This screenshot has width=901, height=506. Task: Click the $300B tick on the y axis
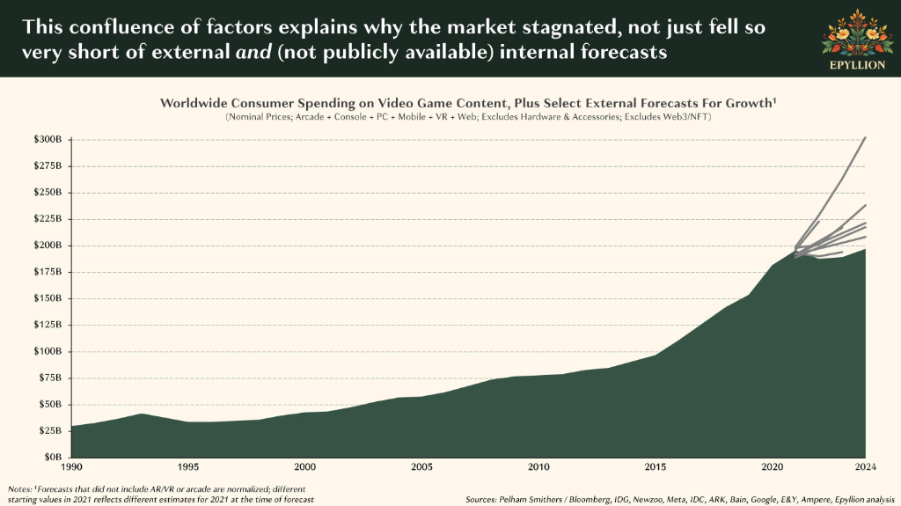48,139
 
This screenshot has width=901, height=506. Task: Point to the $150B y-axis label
48,297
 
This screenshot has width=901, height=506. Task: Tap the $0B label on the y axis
52,457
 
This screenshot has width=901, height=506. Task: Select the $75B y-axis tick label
50,378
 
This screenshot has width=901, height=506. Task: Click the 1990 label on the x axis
70,467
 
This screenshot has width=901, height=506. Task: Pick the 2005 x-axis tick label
421,467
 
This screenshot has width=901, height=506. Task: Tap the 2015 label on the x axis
656,467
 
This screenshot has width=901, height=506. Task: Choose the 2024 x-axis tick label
866,467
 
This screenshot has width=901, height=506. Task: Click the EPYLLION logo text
857,65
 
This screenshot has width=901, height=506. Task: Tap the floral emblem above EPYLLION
857,33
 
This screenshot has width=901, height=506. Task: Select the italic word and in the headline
253,52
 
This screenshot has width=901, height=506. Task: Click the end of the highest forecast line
866,138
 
